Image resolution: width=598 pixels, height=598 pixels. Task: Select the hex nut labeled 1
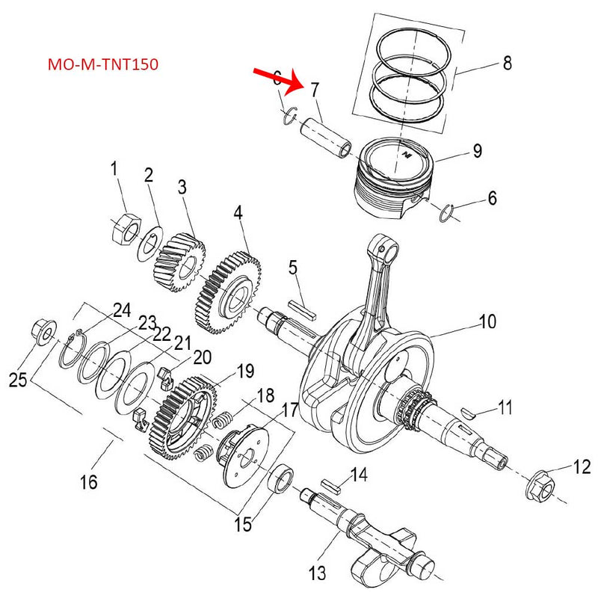(x=124, y=226)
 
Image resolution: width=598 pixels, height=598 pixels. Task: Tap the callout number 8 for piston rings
(x=507, y=64)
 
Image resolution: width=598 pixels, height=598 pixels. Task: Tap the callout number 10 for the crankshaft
(x=487, y=323)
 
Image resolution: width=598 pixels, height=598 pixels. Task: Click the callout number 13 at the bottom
(x=318, y=574)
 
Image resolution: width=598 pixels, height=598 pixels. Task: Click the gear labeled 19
(x=183, y=416)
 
